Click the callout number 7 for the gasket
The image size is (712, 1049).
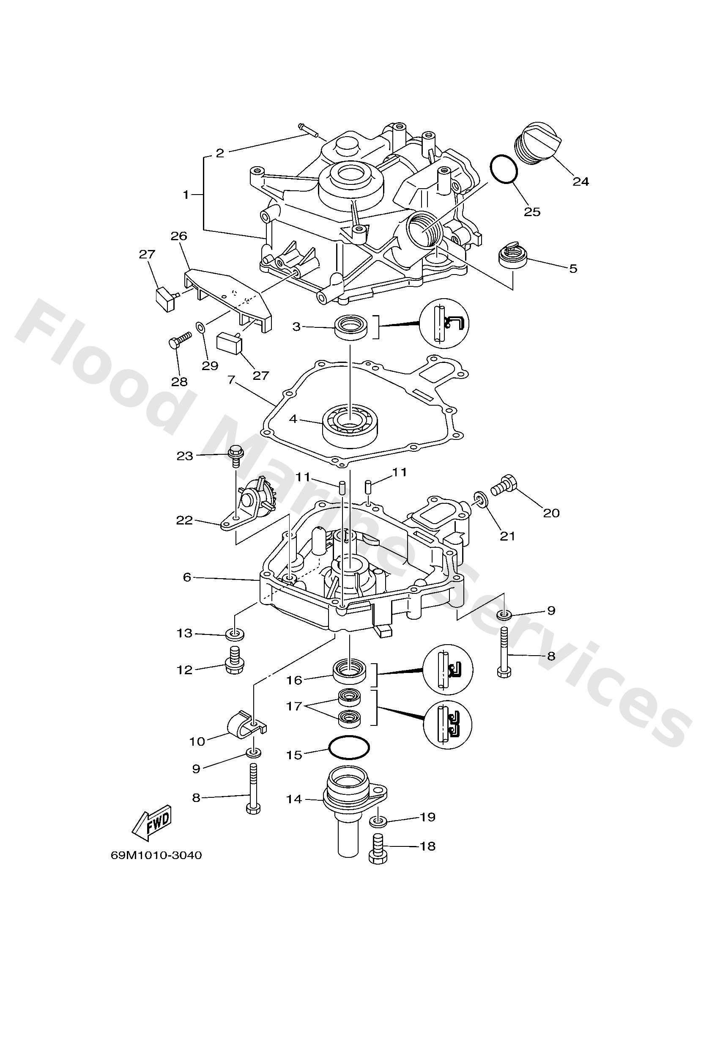[231, 379]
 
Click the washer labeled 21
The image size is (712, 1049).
[481, 500]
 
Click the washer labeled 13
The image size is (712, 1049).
[235, 634]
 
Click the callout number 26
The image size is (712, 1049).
[179, 236]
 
